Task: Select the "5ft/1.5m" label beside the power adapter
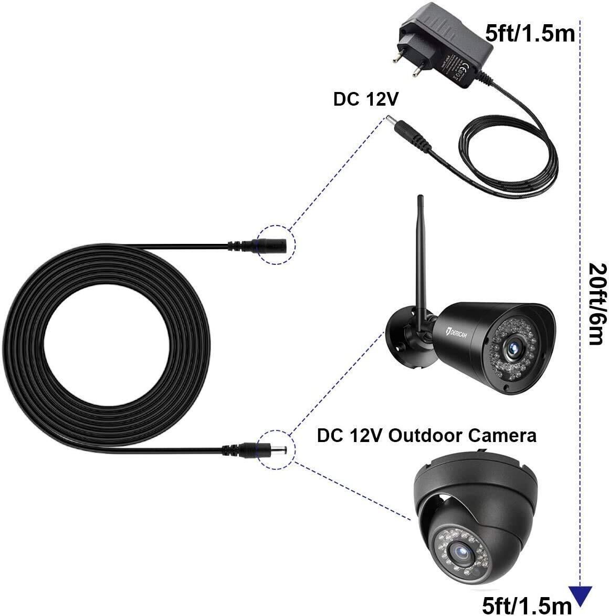click(x=531, y=33)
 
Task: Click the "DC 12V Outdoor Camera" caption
click(x=426, y=436)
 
